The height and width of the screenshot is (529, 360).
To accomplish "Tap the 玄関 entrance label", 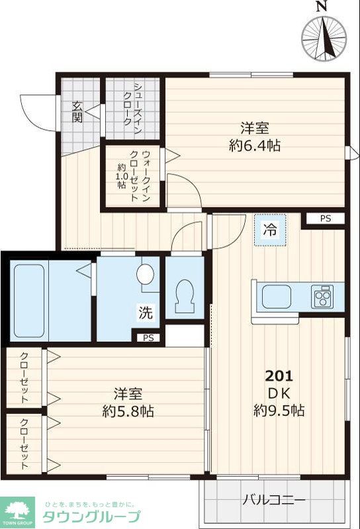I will point(77,112).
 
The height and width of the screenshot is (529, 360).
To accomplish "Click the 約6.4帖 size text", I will point(255,145).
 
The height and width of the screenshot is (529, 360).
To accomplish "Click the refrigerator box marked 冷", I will point(269,230).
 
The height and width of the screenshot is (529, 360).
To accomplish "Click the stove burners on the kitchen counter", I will point(324,296).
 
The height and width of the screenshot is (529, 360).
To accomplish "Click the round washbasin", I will point(147,273).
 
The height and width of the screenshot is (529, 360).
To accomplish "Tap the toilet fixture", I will point(183,297).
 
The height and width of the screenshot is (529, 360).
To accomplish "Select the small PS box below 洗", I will point(149,338).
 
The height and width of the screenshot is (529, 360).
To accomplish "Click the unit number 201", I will point(279,376).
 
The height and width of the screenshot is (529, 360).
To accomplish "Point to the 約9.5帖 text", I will point(279,410).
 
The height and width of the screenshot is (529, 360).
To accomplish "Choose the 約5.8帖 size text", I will point(128,411).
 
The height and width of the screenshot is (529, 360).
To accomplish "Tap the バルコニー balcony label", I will point(273,500).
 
